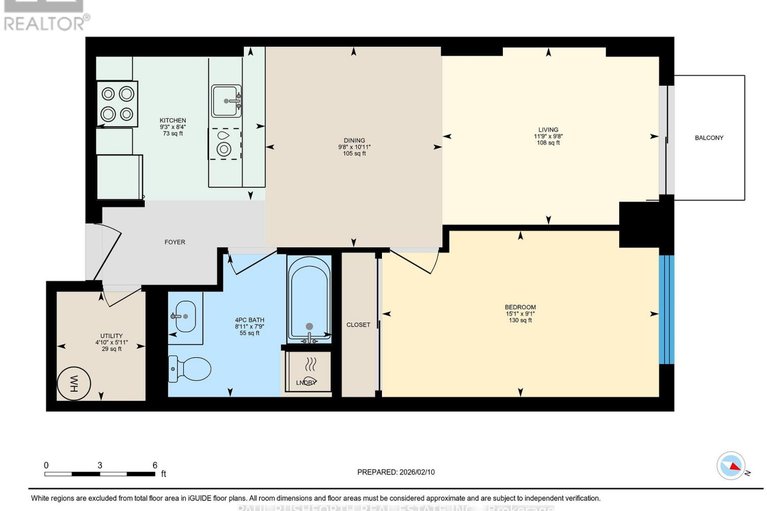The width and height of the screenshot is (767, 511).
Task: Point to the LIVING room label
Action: [x=548, y=129]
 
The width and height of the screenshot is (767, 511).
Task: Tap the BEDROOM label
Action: [x=520, y=306]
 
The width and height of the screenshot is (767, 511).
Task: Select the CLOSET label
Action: [x=358, y=324]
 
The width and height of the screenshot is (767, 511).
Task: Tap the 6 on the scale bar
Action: [x=154, y=465]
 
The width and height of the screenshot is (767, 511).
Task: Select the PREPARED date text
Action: [x=399, y=472]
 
